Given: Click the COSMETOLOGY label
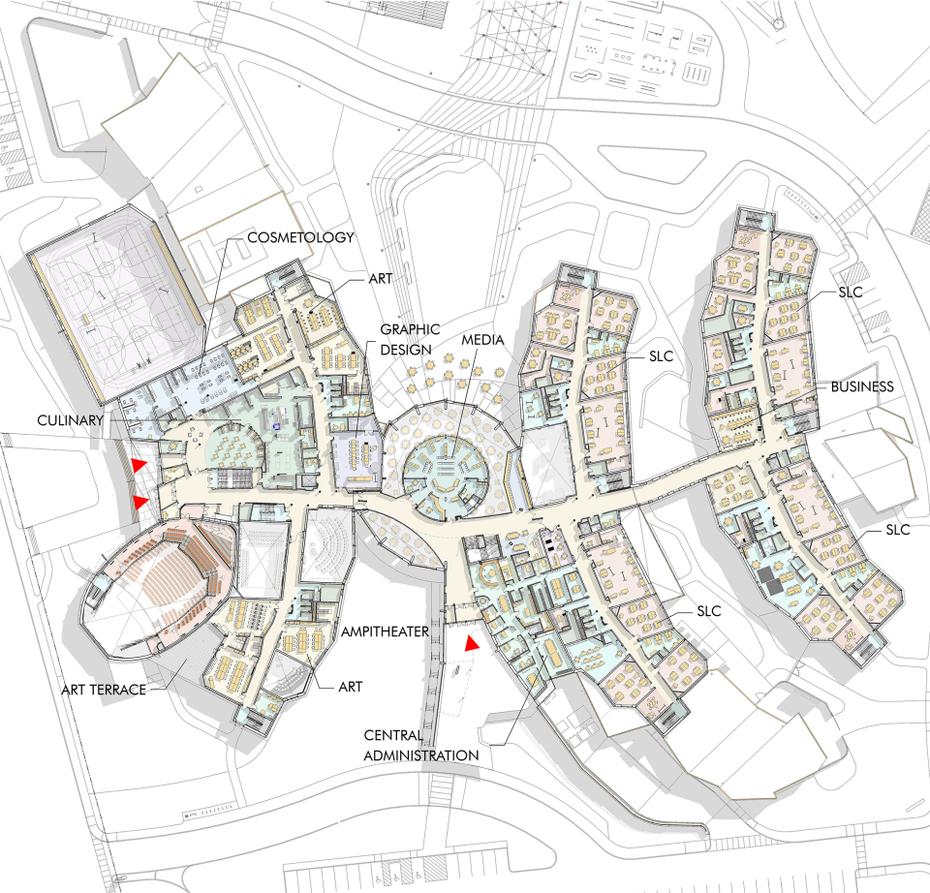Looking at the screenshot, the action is [300, 237].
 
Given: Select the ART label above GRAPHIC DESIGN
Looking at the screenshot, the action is [380, 278].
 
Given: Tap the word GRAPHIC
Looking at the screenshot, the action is [410, 329].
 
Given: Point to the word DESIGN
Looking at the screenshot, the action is [406, 350].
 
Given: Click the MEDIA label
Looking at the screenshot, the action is [482, 340].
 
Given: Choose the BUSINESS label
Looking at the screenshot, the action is [862, 386].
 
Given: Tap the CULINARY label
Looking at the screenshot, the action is [70, 420].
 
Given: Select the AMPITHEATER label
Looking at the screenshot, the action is [385, 632].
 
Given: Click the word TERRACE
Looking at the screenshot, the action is [118, 690].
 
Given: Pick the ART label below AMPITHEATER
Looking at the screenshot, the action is [350, 687].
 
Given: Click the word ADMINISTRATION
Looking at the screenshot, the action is [421, 755].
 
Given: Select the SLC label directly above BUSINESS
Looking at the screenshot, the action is [851, 292].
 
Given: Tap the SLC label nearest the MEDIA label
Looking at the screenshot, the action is [662, 355].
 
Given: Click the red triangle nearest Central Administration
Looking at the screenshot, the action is [472, 643].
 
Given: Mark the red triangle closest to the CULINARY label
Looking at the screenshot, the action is [139, 465].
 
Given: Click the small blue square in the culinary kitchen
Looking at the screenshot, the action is [276, 426].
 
